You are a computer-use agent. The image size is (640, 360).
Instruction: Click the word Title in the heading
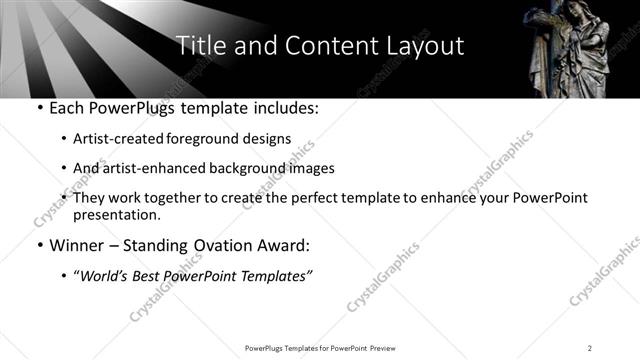[197, 46]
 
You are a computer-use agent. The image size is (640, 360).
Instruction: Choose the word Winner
[77, 245]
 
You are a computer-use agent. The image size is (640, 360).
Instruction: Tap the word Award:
[283, 245]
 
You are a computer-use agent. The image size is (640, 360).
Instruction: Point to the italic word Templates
[277, 276]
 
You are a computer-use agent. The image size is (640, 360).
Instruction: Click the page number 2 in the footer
[590, 348]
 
